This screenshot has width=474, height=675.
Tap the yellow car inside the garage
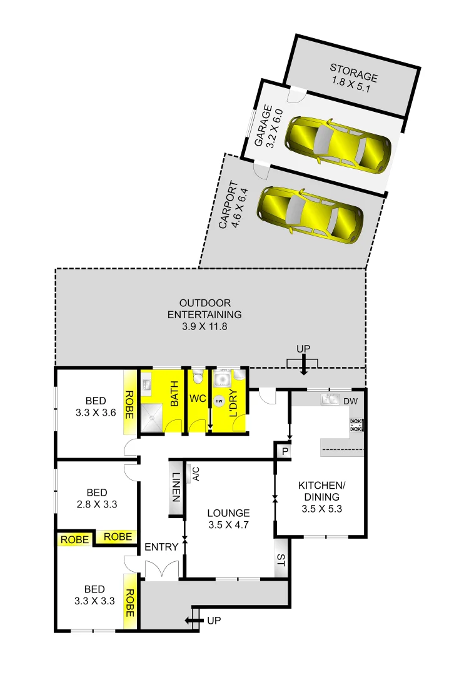[338, 143]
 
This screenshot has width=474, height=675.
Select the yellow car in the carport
[311, 214]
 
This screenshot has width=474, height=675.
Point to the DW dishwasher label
[350, 401]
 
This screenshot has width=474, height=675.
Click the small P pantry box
[284, 451]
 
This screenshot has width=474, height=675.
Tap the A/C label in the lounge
[196, 474]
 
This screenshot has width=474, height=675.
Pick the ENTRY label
[161, 547]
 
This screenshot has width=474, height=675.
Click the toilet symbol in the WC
[198, 377]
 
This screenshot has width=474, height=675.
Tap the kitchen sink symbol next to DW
[330, 400]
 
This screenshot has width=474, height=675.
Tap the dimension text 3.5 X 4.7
[228, 525]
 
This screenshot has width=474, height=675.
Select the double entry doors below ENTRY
[156, 569]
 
